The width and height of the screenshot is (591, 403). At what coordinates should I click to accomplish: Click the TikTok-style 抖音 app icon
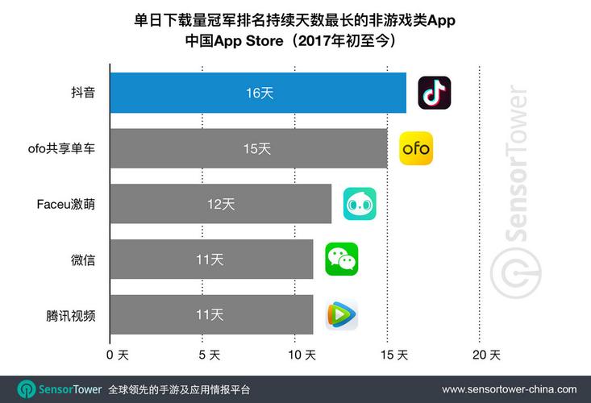[x=435, y=93]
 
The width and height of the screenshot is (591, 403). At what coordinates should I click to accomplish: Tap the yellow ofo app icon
[x=416, y=148]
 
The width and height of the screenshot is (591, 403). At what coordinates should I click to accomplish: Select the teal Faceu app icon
[x=360, y=204]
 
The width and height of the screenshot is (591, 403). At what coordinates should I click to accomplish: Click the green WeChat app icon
[x=341, y=259]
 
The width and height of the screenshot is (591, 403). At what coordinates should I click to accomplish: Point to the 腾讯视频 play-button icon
[x=341, y=314]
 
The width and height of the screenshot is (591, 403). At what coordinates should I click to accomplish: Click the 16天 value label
[x=260, y=93]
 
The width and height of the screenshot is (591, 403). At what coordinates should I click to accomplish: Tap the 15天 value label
[x=257, y=148]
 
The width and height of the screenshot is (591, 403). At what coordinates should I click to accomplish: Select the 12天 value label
[x=220, y=204]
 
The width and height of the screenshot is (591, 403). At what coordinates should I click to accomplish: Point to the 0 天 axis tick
[x=118, y=355]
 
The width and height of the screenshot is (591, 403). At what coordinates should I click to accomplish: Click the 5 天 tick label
[x=209, y=355]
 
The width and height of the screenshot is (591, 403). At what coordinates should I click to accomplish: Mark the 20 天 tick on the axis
[x=486, y=355]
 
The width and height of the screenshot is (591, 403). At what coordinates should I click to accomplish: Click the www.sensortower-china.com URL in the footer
[x=509, y=389]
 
